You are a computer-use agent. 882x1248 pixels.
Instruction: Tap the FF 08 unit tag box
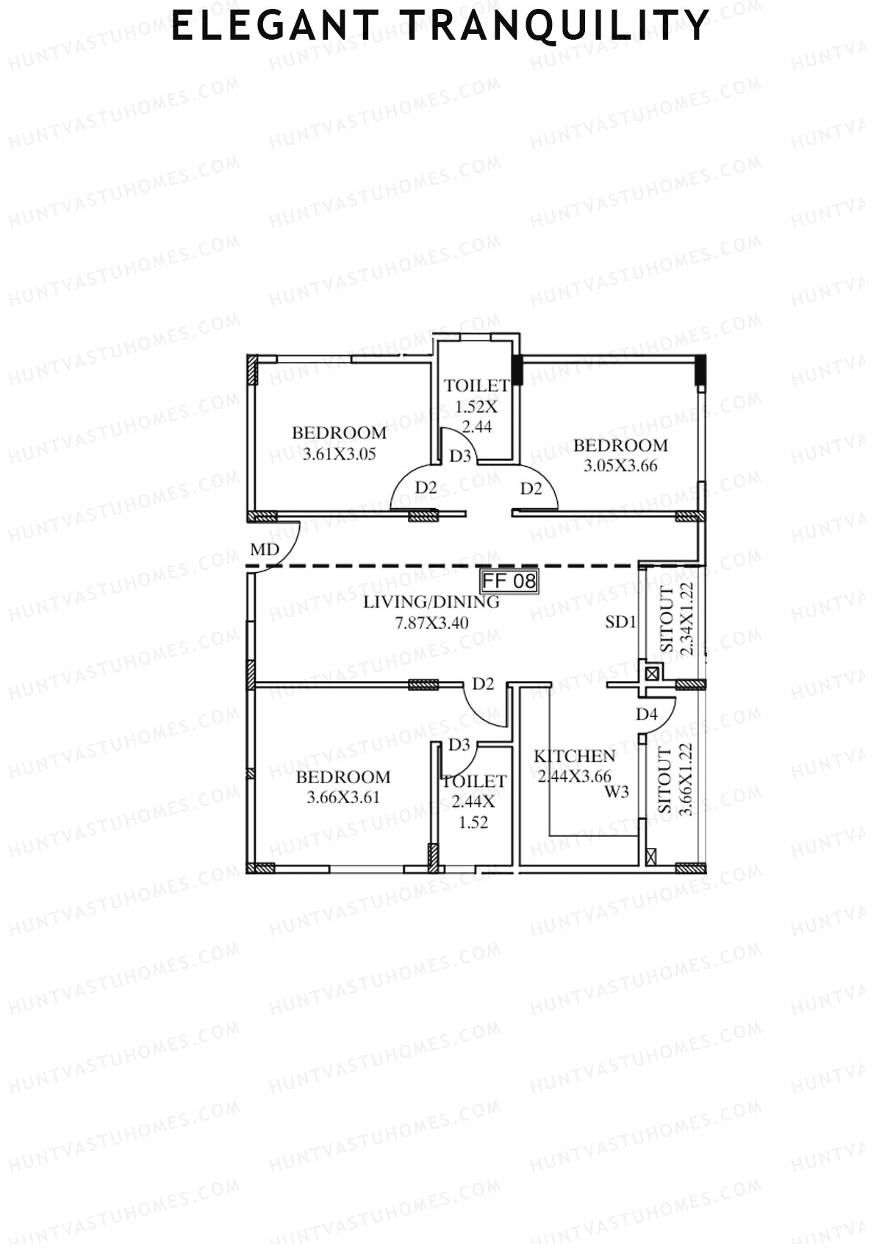[509, 582]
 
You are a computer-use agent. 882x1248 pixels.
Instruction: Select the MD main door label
[265, 550]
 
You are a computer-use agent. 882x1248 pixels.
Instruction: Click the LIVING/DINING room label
[432, 602]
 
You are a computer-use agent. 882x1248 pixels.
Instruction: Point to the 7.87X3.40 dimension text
[432, 623]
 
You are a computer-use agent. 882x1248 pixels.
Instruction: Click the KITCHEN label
[574, 756]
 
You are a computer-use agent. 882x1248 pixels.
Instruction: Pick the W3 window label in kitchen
[617, 792]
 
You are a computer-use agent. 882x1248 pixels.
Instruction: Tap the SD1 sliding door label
[620, 622]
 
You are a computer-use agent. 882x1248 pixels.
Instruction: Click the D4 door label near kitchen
[646, 714]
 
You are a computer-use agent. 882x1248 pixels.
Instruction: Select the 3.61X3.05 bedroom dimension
[339, 454]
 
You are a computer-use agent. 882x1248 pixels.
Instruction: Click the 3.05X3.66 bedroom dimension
[620, 466]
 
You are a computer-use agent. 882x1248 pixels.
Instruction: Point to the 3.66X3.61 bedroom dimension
[343, 797]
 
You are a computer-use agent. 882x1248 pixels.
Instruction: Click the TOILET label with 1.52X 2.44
[476, 385]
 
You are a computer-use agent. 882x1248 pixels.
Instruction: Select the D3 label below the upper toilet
[460, 456]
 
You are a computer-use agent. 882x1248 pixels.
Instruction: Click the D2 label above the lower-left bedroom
[483, 685]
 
